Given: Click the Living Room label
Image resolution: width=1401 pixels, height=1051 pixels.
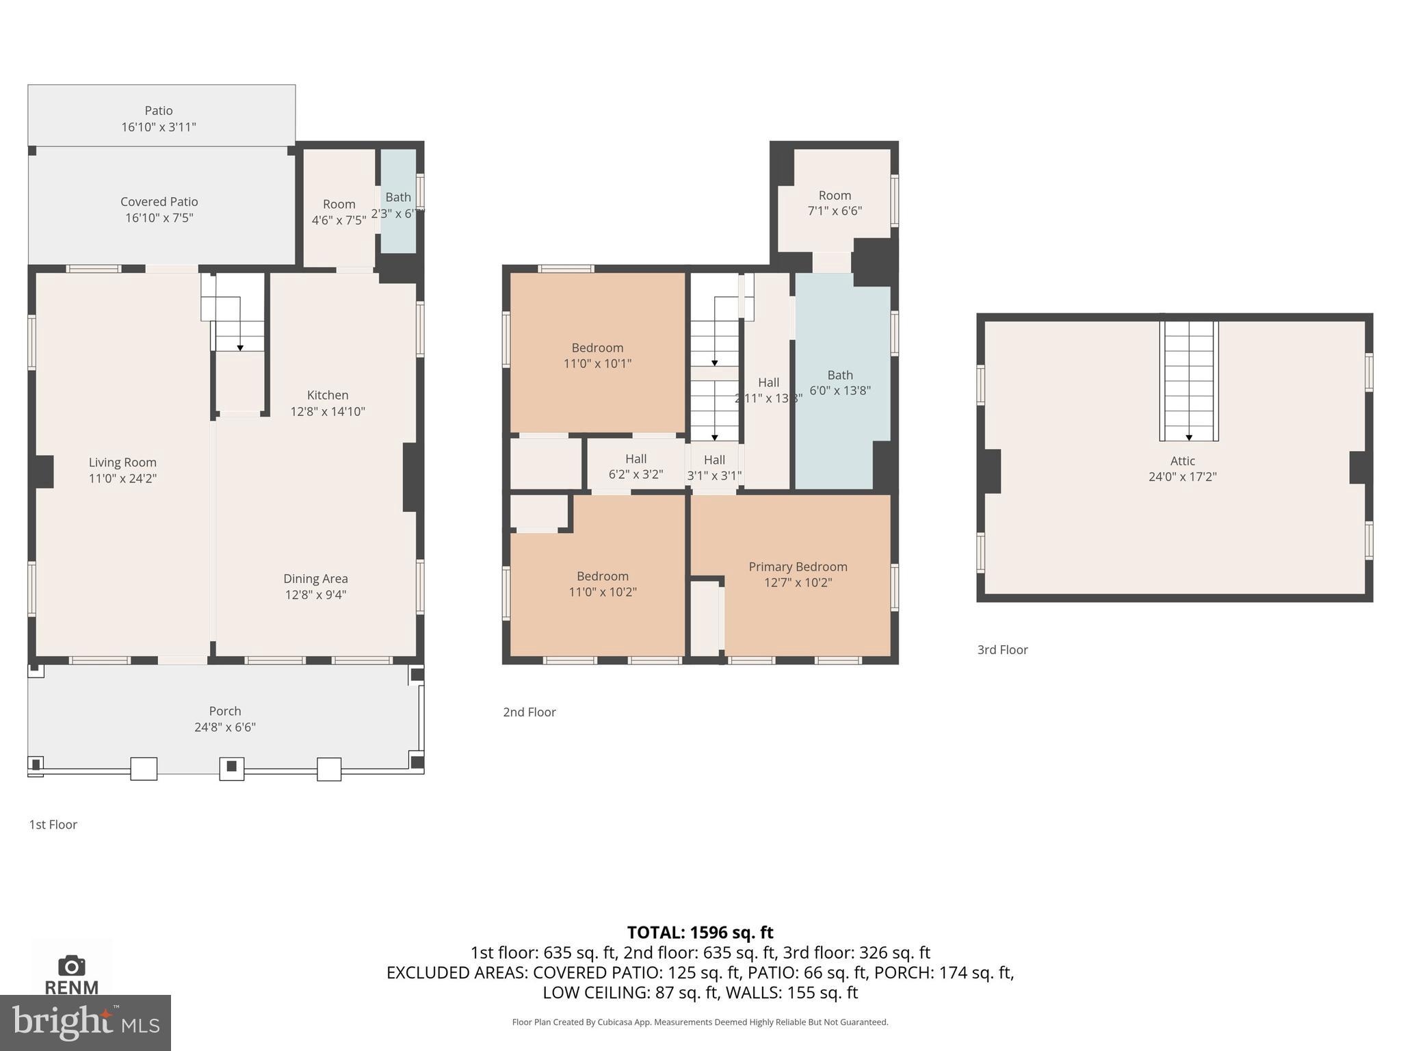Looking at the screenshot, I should pos(122,463).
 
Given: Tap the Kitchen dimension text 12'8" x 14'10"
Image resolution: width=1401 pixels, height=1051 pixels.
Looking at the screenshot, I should pos(328,411).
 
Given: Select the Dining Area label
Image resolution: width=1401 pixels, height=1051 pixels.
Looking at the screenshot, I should pos(315,579).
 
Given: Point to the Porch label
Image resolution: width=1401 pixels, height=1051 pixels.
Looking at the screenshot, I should pos(225,711).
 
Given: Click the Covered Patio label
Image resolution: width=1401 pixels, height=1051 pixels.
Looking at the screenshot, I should pos(159,202).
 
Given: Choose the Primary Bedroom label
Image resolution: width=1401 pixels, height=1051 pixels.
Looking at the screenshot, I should pos(798,567).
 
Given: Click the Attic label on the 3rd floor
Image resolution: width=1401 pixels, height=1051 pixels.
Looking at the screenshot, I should pos(1182,461).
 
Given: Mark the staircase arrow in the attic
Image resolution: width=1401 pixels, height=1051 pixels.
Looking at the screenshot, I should pos(1189,437).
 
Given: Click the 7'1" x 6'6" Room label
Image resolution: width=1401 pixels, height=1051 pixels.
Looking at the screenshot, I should pos(835,203).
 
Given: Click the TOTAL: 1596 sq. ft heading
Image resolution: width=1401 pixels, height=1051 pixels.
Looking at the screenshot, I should pos(700,933).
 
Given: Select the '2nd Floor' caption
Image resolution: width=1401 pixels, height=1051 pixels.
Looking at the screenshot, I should pos(529,712).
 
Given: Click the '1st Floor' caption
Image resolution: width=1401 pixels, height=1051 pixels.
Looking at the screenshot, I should pos(53,825).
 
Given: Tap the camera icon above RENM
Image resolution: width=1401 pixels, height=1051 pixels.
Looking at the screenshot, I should pos(71,965).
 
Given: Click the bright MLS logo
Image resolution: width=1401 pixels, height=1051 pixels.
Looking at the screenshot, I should pos(85,1022).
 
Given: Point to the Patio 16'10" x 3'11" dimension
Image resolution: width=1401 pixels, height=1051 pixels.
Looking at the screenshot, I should pos(159,127).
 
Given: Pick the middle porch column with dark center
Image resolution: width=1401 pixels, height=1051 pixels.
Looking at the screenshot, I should pos(231,767).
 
